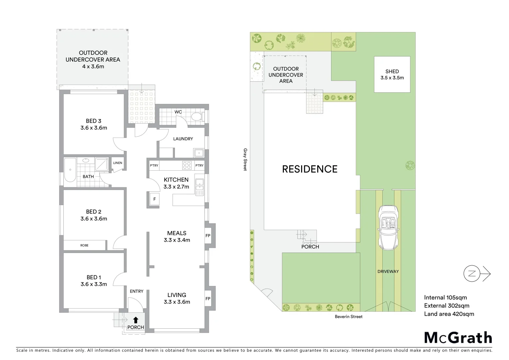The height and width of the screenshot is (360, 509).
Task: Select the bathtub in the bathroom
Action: tap(70, 170)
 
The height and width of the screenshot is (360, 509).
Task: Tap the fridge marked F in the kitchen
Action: tap(154, 199)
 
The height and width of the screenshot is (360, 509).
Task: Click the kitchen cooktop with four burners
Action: tap(187, 165)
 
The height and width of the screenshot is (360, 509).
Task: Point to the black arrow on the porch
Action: tap(136, 320)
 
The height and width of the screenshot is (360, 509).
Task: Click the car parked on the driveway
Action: tap(388, 227)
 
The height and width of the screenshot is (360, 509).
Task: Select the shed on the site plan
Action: tap(392, 74)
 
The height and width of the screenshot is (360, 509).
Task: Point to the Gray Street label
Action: tap(246, 160)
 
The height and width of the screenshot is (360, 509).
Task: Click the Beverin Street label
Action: tap(348, 317)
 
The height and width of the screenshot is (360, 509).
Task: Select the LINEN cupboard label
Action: tap(118, 163)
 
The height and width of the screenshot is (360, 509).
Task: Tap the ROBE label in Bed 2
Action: tap(84, 245)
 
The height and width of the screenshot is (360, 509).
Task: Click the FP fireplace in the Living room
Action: tap(208, 299)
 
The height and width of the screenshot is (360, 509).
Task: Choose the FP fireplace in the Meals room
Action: tap(208, 236)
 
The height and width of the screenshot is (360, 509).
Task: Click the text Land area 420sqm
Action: tap(449, 314)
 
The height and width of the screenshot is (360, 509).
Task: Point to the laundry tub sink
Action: tap(199, 153)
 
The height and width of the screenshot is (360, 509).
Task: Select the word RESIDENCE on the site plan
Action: tap(309, 169)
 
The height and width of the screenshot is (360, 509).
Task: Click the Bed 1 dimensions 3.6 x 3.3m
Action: tap(94, 284)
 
